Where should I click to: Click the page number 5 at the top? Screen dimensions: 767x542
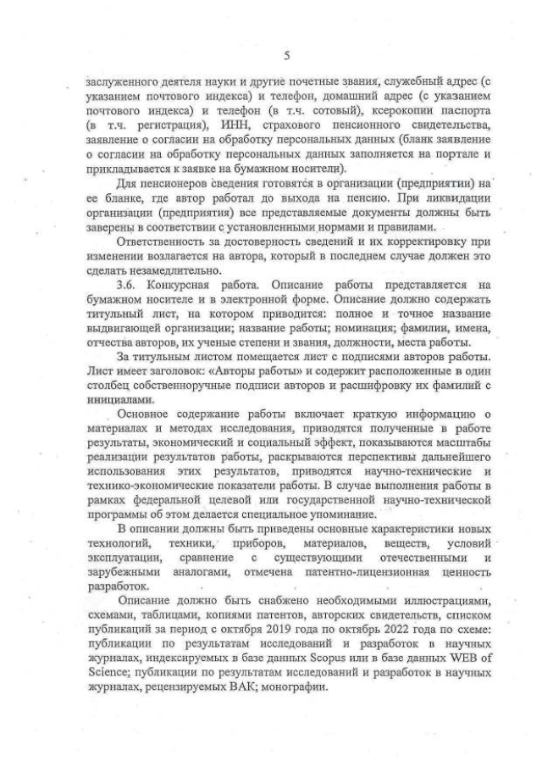(x=286, y=56)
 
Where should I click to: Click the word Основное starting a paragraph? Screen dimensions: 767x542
(x=148, y=414)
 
